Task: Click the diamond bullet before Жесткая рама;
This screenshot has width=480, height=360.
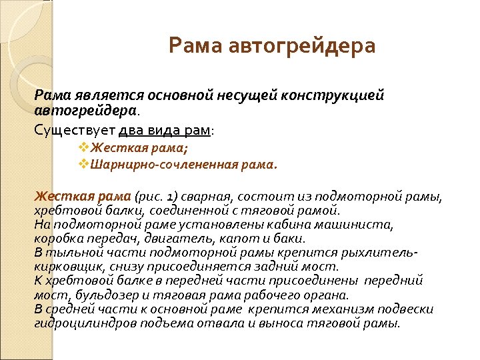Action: pyautogui.click(x=83, y=147)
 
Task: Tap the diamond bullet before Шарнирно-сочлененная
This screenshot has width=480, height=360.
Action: pyautogui.click(x=83, y=163)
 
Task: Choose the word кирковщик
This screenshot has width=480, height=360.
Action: pyautogui.click(x=64, y=267)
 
